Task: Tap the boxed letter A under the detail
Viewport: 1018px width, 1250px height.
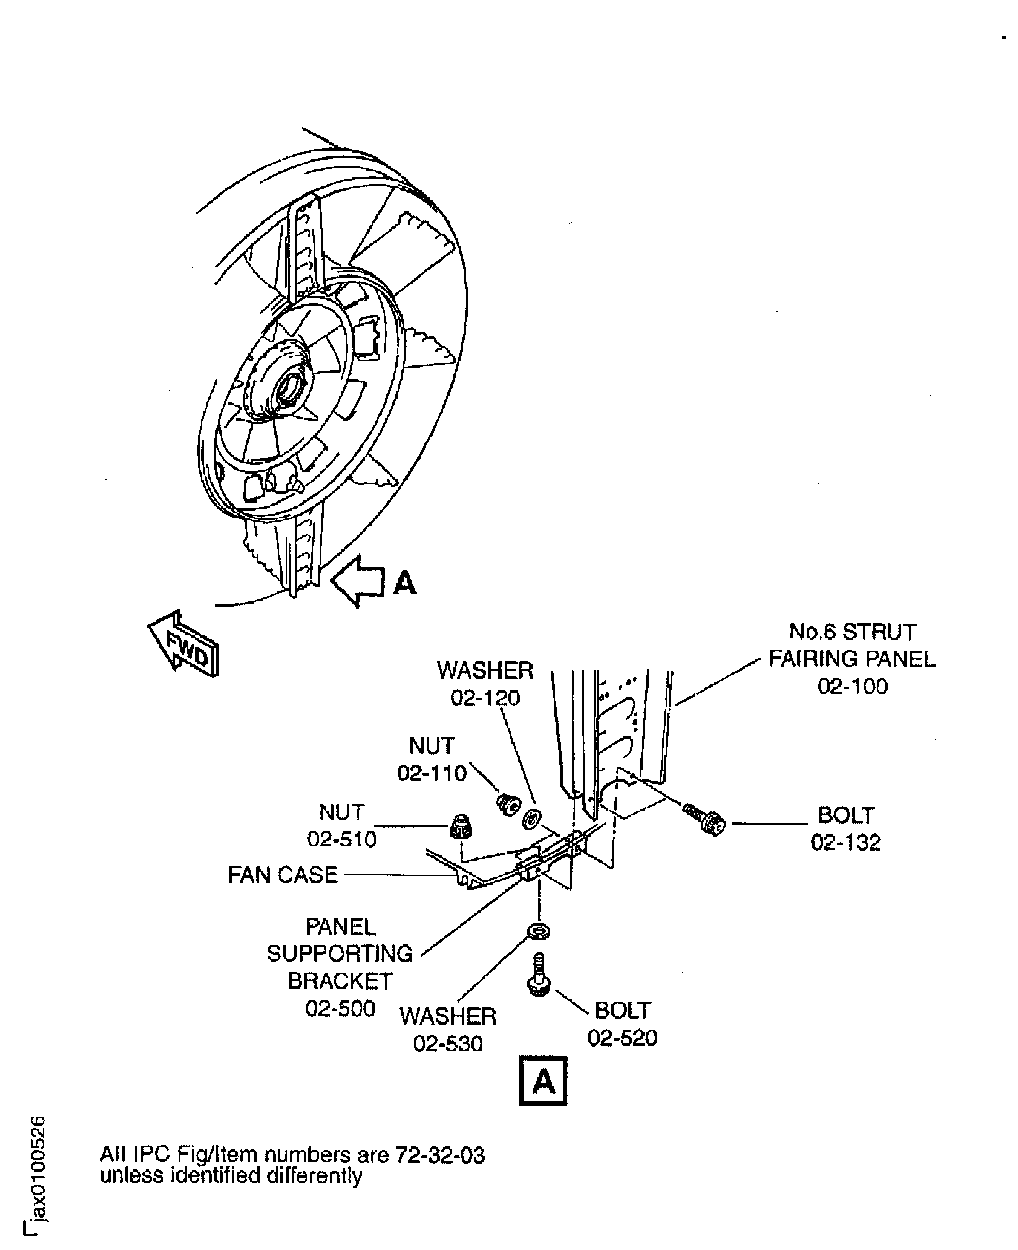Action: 543,1081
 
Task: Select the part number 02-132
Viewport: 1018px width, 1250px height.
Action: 846,843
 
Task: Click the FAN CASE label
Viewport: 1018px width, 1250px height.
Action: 283,875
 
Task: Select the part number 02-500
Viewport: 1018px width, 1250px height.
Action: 340,1008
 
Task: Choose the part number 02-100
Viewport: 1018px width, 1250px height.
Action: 852,686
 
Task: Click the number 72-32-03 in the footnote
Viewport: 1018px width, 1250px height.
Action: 440,1155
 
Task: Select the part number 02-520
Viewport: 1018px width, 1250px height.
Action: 622,1038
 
